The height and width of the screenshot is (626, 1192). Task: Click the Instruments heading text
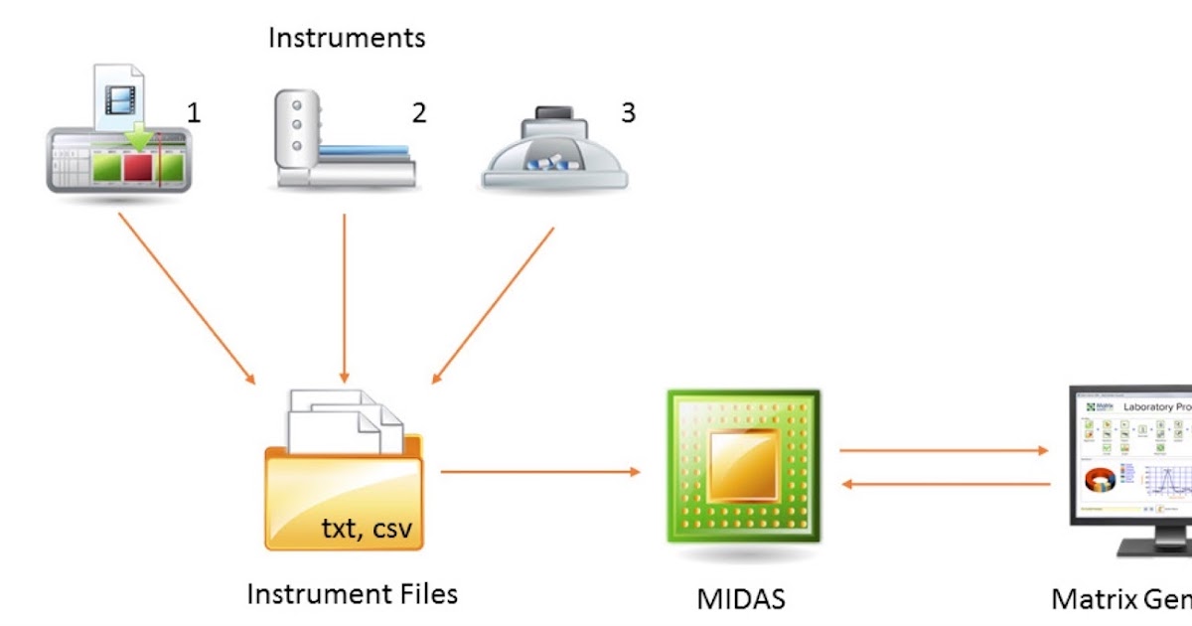coord(347,39)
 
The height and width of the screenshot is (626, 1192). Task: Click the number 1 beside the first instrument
coord(194,112)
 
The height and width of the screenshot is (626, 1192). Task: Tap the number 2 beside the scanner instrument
coord(419,112)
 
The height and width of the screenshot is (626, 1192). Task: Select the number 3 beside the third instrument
coord(628,112)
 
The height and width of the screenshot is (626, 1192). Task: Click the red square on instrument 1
coord(138,167)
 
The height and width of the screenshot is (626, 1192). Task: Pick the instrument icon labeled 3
coord(554,148)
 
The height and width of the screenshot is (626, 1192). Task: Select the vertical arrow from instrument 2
coord(344,298)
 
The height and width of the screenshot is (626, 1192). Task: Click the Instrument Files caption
coord(352,594)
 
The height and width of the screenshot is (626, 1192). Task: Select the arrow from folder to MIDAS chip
coord(540,472)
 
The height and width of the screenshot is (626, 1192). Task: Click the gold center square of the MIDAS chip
coord(744,466)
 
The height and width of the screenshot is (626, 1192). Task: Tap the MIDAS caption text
coord(741,598)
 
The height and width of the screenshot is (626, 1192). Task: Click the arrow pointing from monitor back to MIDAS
coord(945,485)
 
